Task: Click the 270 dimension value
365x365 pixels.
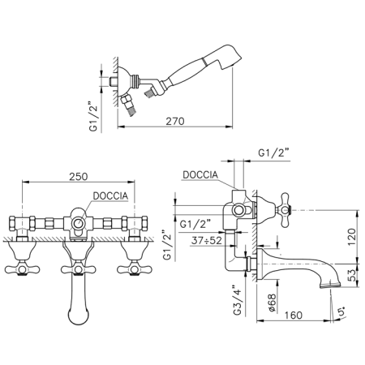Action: pyautogui.click(x=175, y=121)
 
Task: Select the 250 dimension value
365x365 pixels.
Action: pyautogui.click(x=79, y=177)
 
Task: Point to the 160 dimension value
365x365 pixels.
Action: pyautogui.click(x=294, y=316)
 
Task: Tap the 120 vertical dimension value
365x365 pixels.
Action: pyautogui.click(x=351, y=237)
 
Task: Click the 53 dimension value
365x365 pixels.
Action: pyautogui.click(x=352, y=275)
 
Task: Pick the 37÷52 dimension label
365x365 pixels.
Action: pyautogui.click(x=207, y=240)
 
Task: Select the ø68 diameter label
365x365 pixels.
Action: pyautogui.click(x=273, y=303)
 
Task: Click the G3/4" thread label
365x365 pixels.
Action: pyautogui.click(x=238, y=299)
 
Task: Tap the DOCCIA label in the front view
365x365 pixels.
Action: pyautogui.click(x=110, y=196)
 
